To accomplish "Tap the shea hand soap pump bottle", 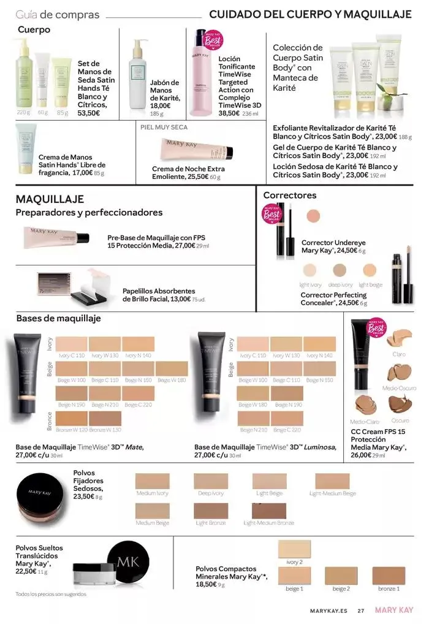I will click(x=137, y=77).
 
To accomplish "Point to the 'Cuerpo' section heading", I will click(x=34, y=29).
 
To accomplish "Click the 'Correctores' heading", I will click(x=289, y=196).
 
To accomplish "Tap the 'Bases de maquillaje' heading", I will click(x=58, y=319).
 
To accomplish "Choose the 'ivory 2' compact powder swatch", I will click(x=295, y=549).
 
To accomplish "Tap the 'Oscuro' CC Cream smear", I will click(x=400, y=405).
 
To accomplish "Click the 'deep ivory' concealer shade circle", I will click(x=340, y=270).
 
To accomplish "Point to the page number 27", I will click(x=361, y=611).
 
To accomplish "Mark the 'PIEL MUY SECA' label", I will click(x=164, y=127).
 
